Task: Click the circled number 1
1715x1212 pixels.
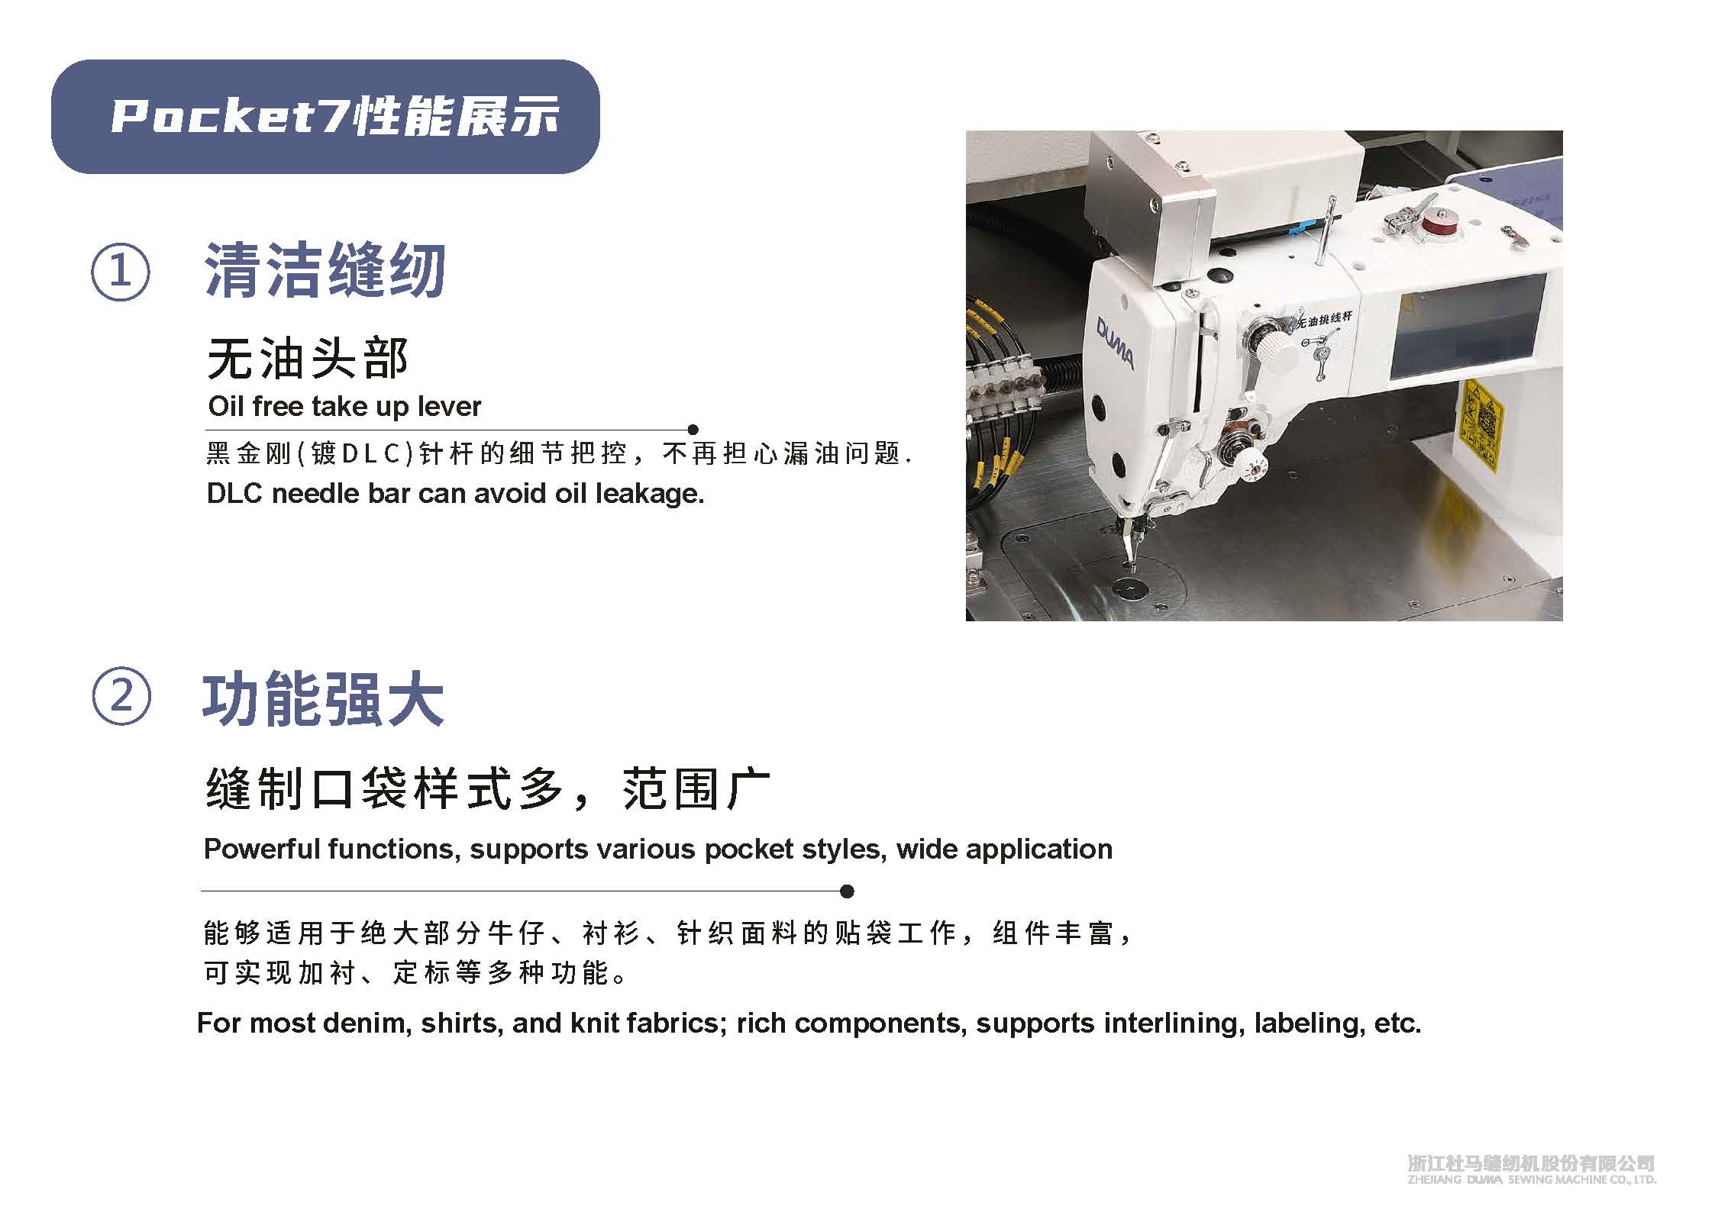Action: coord(120,272)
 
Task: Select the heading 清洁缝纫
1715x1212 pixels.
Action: coord(325,271)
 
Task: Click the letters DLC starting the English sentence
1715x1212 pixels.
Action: coord(235,494)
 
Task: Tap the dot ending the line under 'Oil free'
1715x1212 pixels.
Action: coord(693,430)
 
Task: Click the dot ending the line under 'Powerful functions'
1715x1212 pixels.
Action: coord(846,891)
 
